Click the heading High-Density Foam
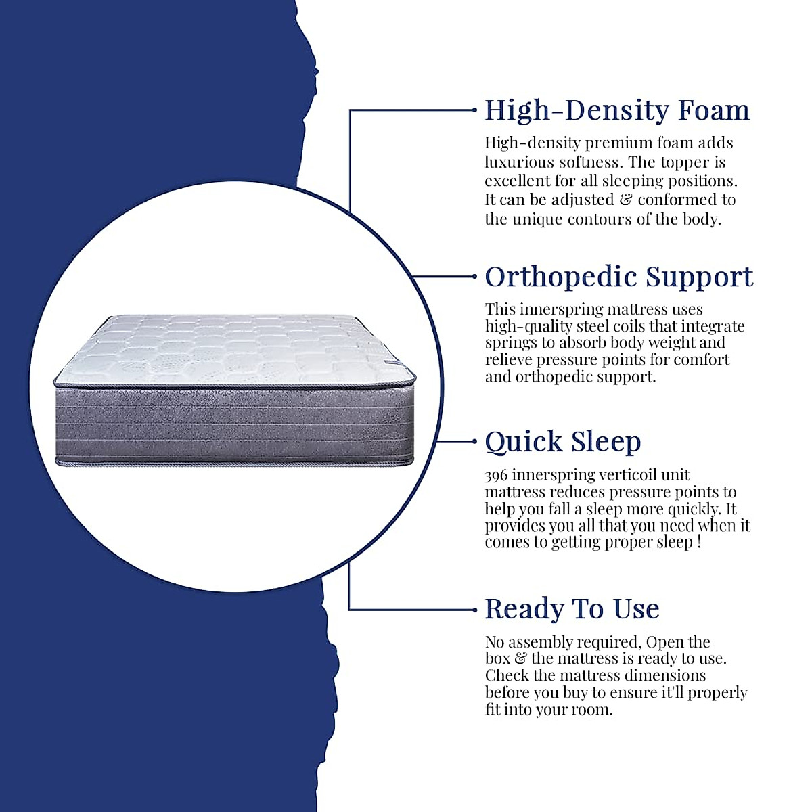617,110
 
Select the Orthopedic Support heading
619,277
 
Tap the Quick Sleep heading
562,442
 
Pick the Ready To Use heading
572,609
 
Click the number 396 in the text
496,475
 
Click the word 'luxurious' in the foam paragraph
518,162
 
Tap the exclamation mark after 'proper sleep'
698,542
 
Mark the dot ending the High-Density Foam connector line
474,110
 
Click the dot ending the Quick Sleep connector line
474,441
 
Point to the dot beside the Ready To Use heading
474,610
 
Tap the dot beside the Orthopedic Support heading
474,276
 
